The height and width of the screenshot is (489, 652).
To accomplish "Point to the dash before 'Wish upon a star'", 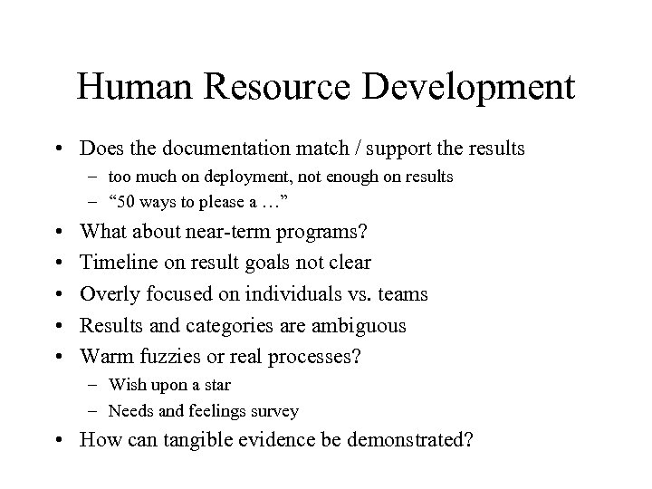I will (95, 385).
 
